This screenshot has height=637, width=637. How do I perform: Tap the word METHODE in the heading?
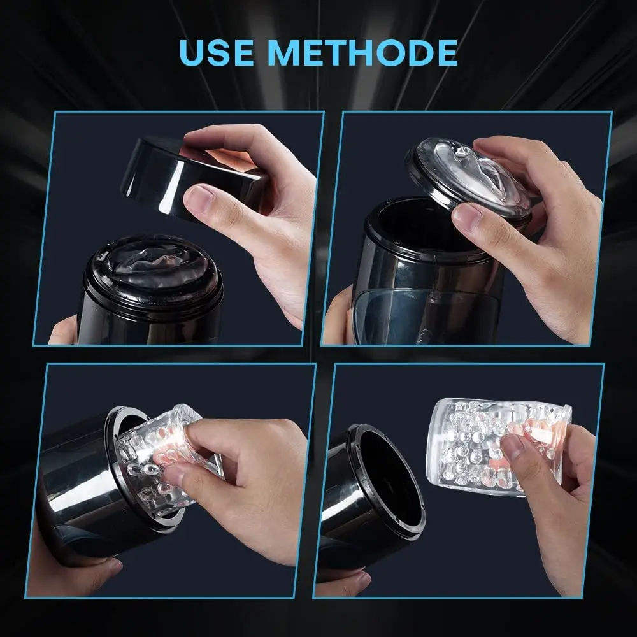[x=363, y=52]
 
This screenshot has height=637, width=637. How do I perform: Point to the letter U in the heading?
[x=191, y=53]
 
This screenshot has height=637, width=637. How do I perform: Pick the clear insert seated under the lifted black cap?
[x=153, y=262]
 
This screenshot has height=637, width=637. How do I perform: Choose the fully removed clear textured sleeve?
[x=497, y=447]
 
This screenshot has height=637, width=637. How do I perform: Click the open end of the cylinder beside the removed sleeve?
[x=388, y=480]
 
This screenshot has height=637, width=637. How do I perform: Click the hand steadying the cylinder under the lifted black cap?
[x=63, y=331]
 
